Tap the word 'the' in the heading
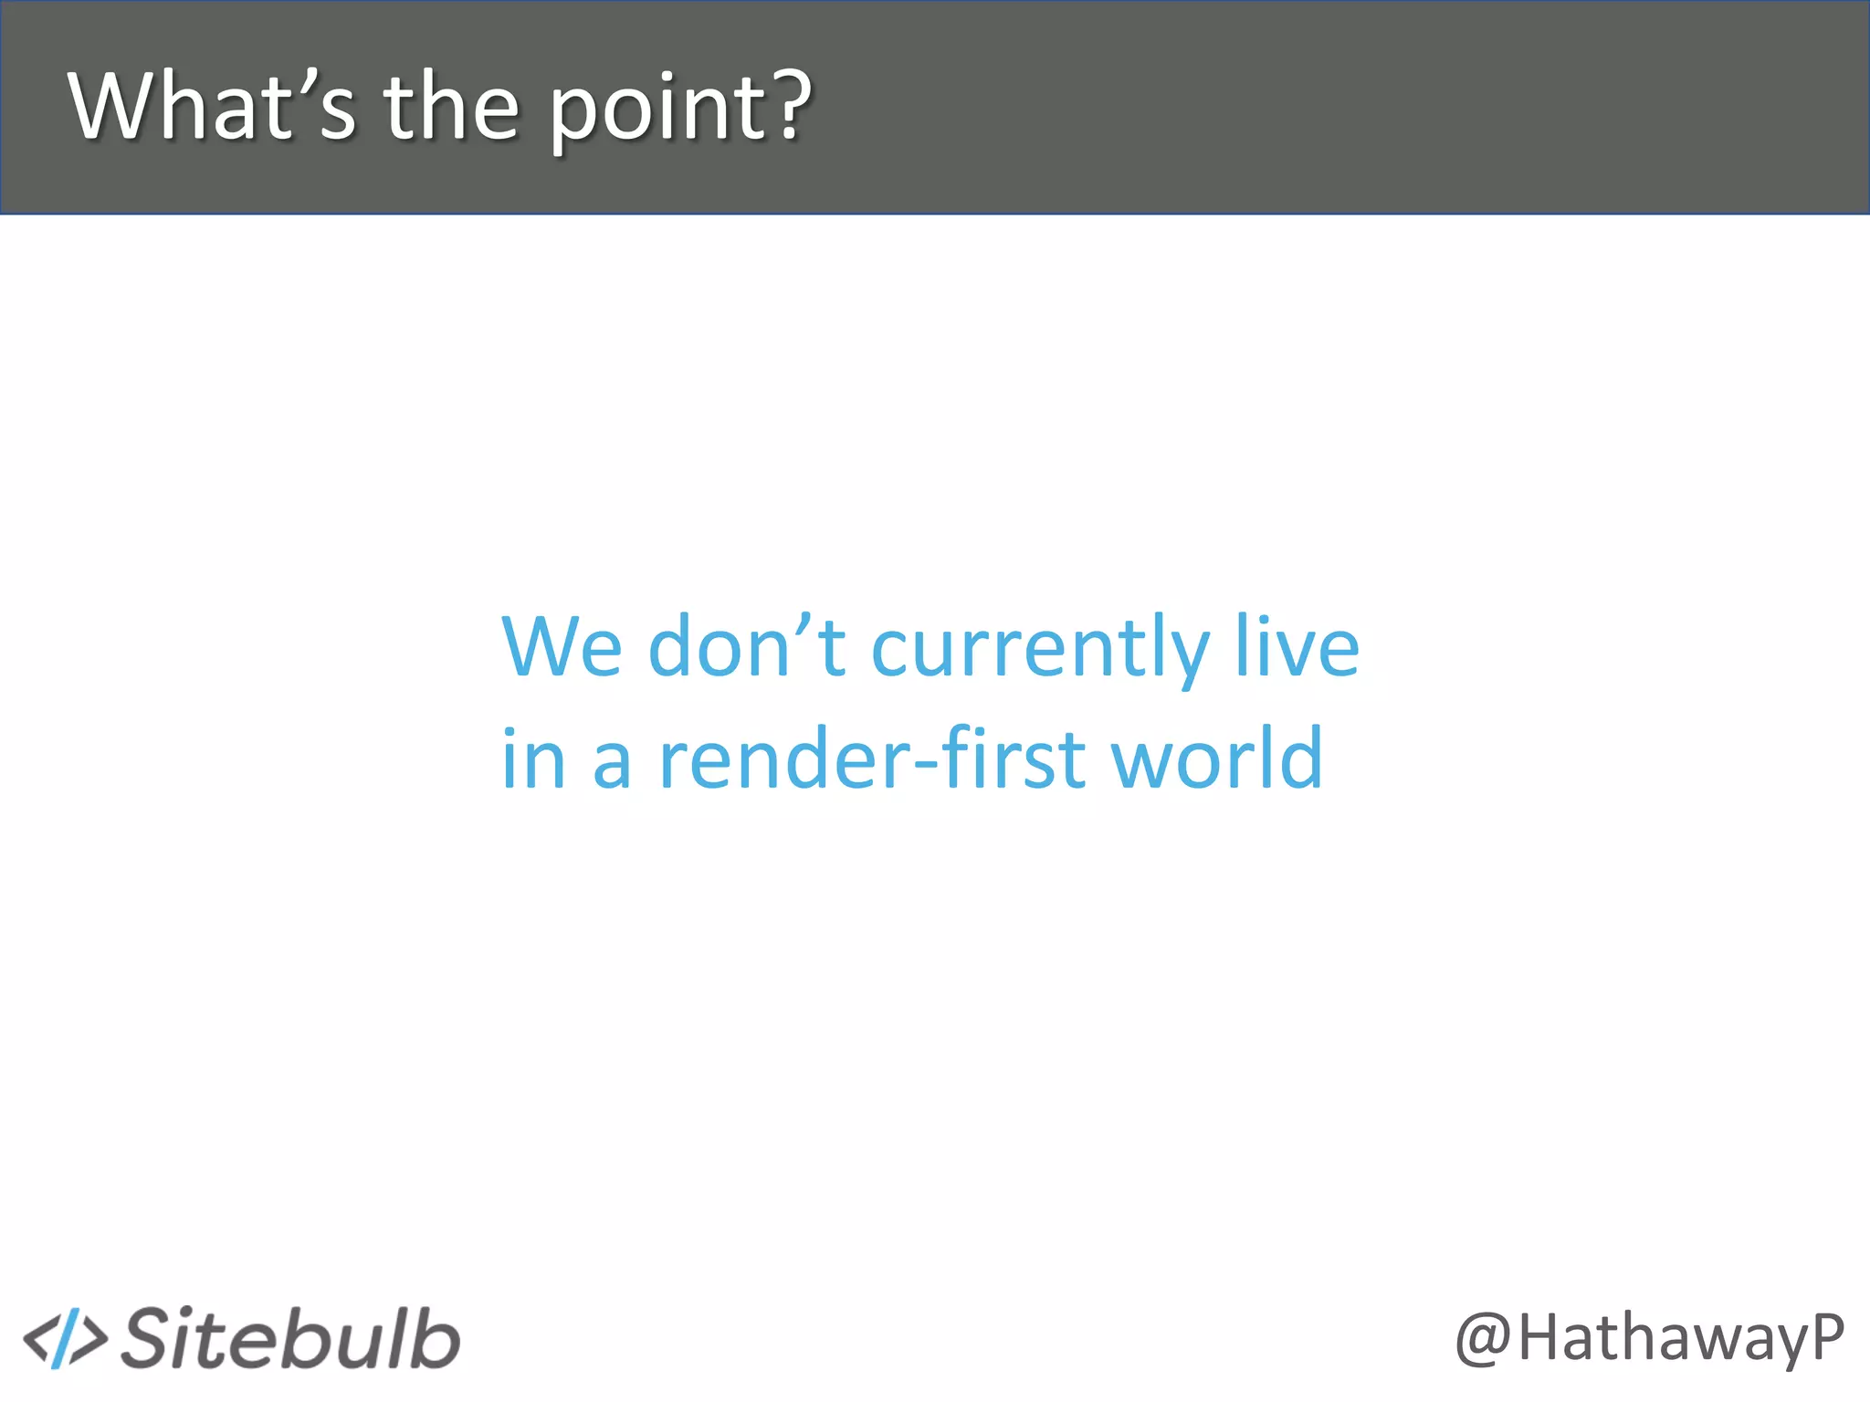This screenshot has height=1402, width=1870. click(451, 108)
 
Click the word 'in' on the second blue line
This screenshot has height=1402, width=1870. click(533, 759)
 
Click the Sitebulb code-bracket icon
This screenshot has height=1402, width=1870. click(65, 1339)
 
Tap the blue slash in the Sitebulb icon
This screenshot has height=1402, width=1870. click(65, 1339)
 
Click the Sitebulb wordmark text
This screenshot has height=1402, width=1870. click(290, 1338)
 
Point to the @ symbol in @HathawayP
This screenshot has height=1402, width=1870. click(1483, 1340)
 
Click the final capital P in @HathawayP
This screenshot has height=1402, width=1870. click(1826, 1336)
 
